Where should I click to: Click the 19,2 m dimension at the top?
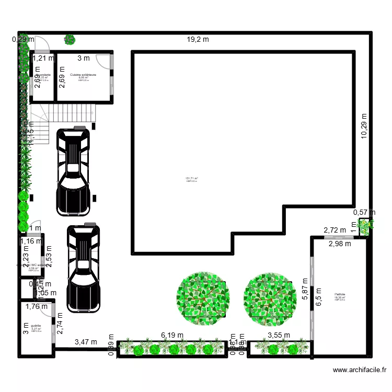[x=198, y=39]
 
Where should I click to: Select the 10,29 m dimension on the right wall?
[x=364, y=126]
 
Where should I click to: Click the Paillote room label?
[x=340, y=294]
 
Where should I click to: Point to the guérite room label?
[x=36, y=326]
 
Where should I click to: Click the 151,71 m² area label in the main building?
[x=191, y=179]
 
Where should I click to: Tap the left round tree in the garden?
[x=203, y=299]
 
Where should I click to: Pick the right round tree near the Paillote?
[x=270, y=299]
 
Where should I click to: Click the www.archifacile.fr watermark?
[x=359, y=370]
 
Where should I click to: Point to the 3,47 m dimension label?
[x=86, y=342]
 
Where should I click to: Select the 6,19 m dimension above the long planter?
[x=172, y=335]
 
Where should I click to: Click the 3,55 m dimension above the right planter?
[x=279, y=336]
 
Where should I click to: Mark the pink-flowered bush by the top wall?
[x=69, y=39]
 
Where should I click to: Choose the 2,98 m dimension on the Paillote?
[x=340, y=244]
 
